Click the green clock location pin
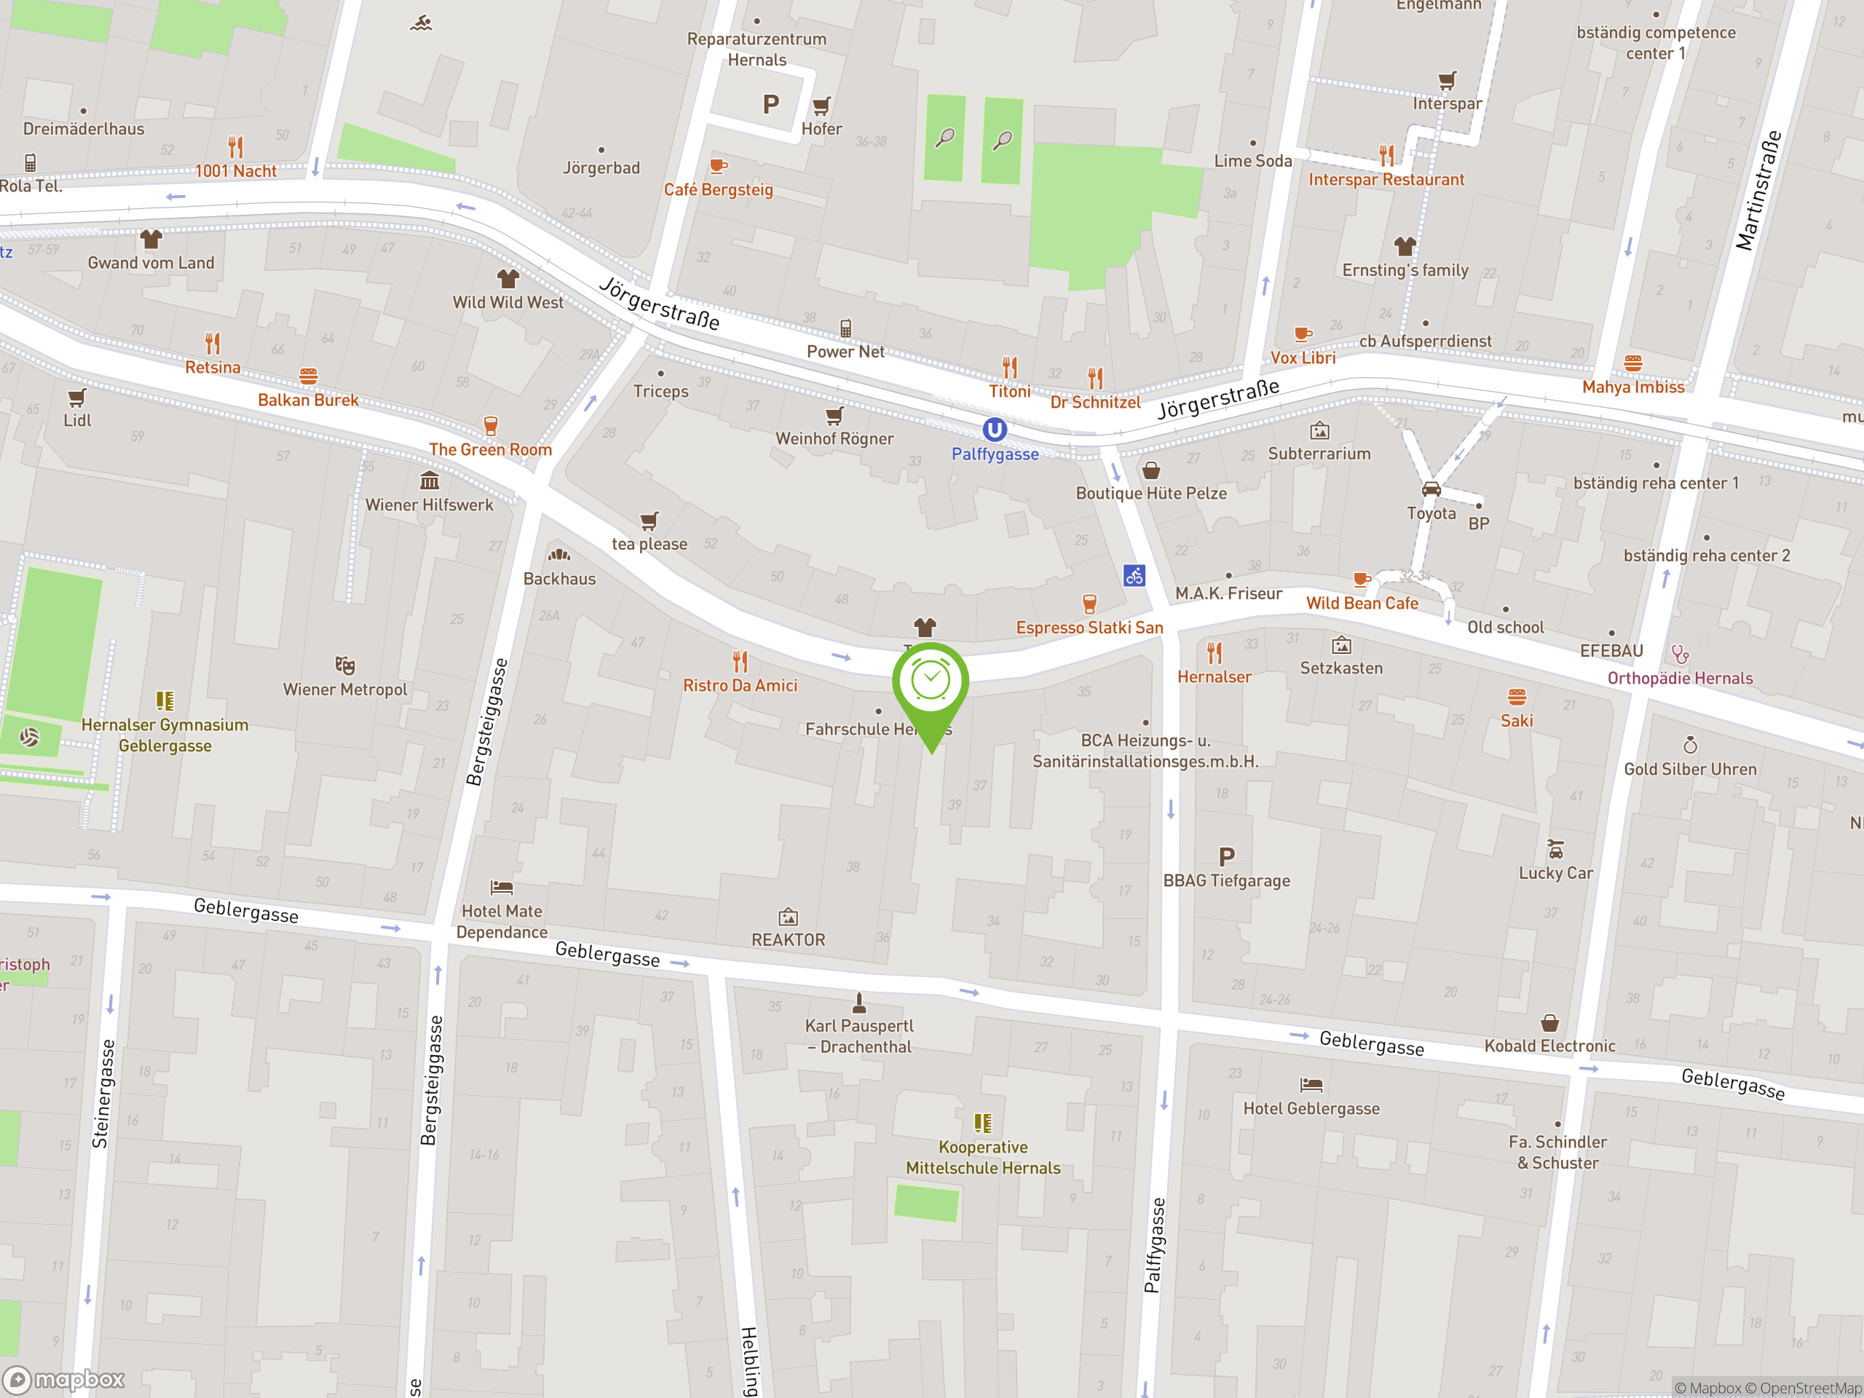pos(931,682)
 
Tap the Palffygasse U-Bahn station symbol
pos(995,430)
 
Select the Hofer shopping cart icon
pos(821,106)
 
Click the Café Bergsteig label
pos(718,189)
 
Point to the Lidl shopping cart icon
pos(76,397)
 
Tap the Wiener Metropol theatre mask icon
pos(344,666)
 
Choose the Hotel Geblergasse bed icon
pos(1311,1084)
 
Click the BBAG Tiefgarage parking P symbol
pos(1226,857)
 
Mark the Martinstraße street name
pos(1758,191)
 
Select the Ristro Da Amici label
pos(740,685)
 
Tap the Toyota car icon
pos(1431,489)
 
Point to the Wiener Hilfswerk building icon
pos(430,481)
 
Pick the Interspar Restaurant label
pos(1386,180)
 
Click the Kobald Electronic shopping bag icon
pos(1549,1023)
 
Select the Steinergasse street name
pos(101,1093)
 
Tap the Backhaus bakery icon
pos(559,555)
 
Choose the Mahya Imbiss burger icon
pos(1633,363)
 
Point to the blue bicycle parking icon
pos(1134,575)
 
